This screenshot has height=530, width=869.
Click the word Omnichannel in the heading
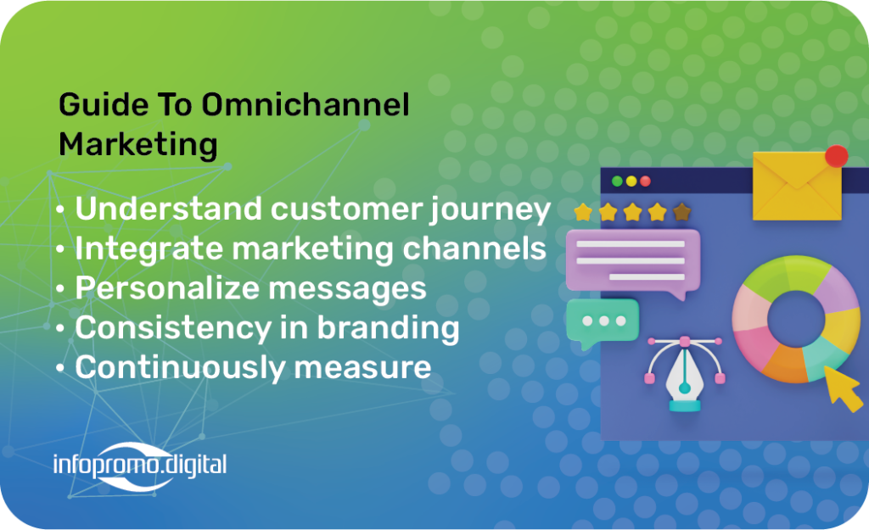(306, 104)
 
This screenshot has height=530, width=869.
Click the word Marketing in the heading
(138, 145)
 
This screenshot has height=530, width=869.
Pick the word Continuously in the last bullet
(180, 367)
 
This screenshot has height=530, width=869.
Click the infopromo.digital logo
(140, 466)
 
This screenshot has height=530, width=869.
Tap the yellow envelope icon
(797, 186)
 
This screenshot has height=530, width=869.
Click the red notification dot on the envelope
(836, 156)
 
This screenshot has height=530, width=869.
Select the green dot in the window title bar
(617, 181)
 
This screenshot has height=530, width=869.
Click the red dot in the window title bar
(645, 181)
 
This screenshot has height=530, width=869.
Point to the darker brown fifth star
(681, 211)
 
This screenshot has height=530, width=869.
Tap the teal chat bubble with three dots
(603, 322)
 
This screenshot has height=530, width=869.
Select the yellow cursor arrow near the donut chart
(844, 388)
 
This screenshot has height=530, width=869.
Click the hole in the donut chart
(796, 319)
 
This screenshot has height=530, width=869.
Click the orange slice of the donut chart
(783, 364)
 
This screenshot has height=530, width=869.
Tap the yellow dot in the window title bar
(631, 181)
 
